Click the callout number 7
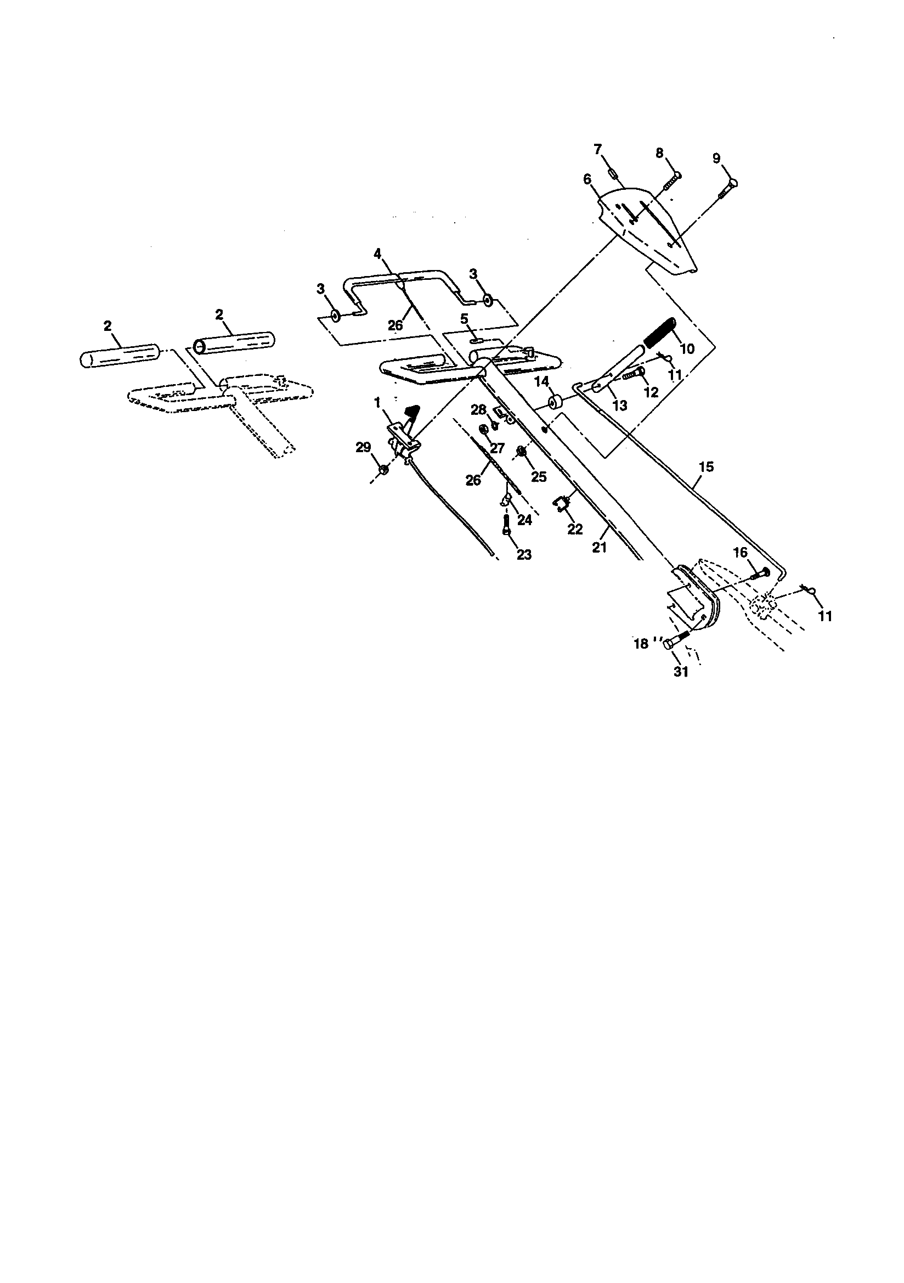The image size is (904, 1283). tap(598, 149)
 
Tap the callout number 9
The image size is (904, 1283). tap(716, 158)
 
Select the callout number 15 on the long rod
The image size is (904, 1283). tap(706, 466)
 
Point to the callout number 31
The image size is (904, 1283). tap(681, 672)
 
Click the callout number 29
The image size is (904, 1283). tap(364, 447)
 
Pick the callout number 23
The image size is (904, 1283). tap(524, 554)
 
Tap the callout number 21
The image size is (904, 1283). tap(599, 548)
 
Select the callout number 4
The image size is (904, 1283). tap(378, 254)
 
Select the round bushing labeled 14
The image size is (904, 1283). tap(555, 402)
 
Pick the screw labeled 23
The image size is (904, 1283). tap(507, 525)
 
